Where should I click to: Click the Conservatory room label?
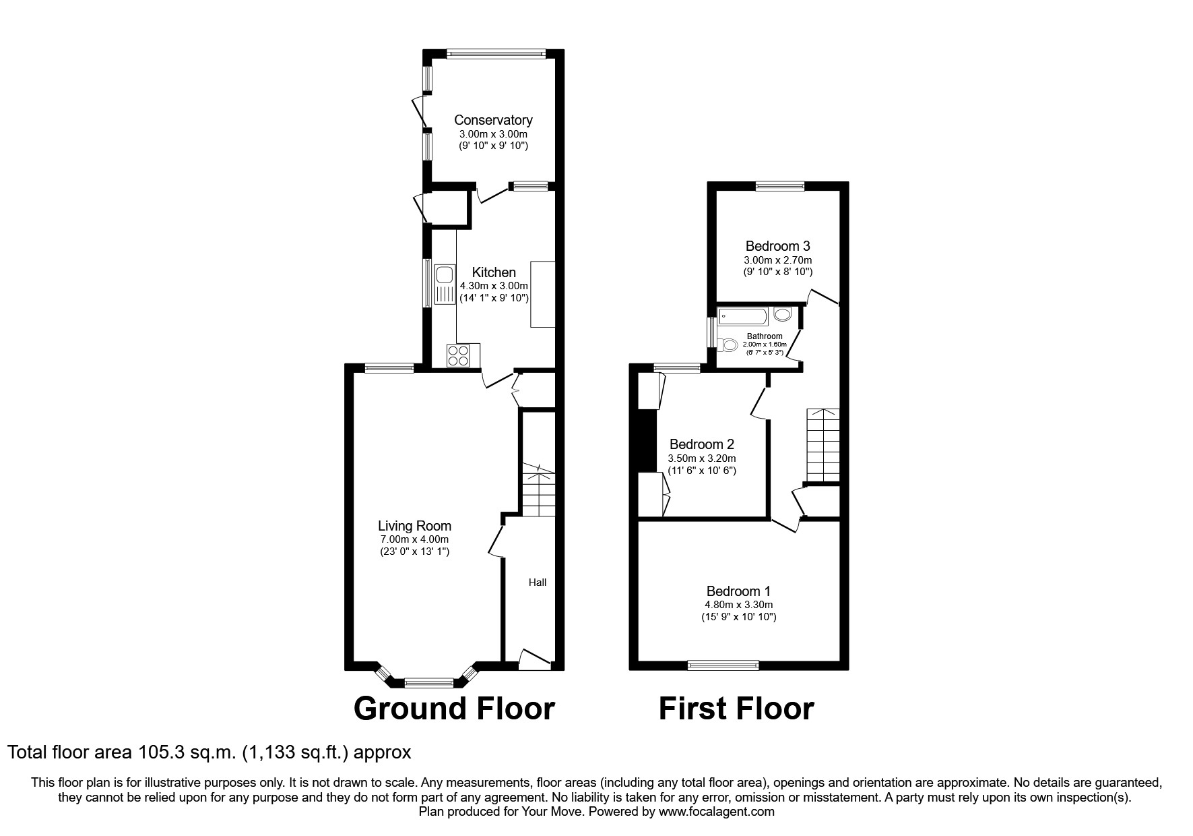(493, 120)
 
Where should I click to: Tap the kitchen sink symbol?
(445, 284)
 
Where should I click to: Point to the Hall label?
(537, 583)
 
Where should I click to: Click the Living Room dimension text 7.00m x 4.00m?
(414, 539)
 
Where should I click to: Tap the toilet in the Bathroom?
(727, 345)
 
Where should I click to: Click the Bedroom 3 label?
(777, 246)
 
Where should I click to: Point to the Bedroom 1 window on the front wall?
(723, 665)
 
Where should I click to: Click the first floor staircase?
(823, 445)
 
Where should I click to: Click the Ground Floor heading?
(454, 709)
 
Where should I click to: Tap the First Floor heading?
(736, 709)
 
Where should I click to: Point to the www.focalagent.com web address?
(716, 812)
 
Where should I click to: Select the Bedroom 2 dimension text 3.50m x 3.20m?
(701, 458)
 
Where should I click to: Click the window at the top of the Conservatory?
(495, 53)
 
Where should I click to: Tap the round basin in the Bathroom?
(782, 314)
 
